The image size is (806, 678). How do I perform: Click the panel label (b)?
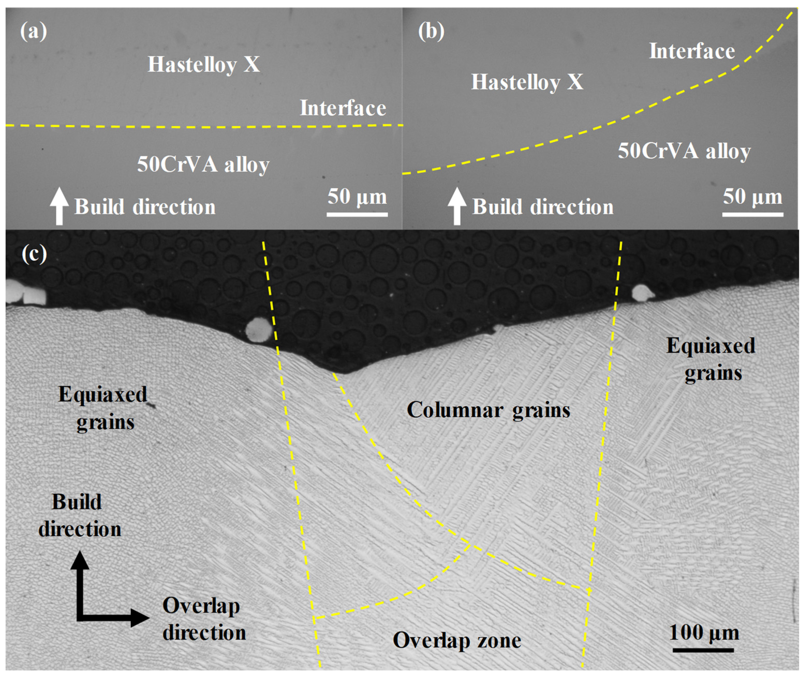[431, 31]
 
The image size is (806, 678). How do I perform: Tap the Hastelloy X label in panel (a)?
[204, 64]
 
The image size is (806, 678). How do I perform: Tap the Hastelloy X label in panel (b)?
[527, 82]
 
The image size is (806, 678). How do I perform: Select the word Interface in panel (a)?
[343, 108]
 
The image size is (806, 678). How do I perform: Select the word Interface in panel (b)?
[692, 51]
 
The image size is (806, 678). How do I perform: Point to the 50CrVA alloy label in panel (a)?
[203, 165]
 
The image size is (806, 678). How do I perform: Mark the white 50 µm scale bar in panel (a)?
[357, 214]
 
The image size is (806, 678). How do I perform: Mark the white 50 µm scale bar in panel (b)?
[753, 214]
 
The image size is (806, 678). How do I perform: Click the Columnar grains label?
[488, 410]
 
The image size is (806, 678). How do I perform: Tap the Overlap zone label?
[457, 640]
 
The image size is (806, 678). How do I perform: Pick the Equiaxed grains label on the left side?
[103, 408]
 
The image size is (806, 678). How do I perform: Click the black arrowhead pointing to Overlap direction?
[140, 618]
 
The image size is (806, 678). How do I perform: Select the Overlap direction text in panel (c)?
[204, 619]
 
